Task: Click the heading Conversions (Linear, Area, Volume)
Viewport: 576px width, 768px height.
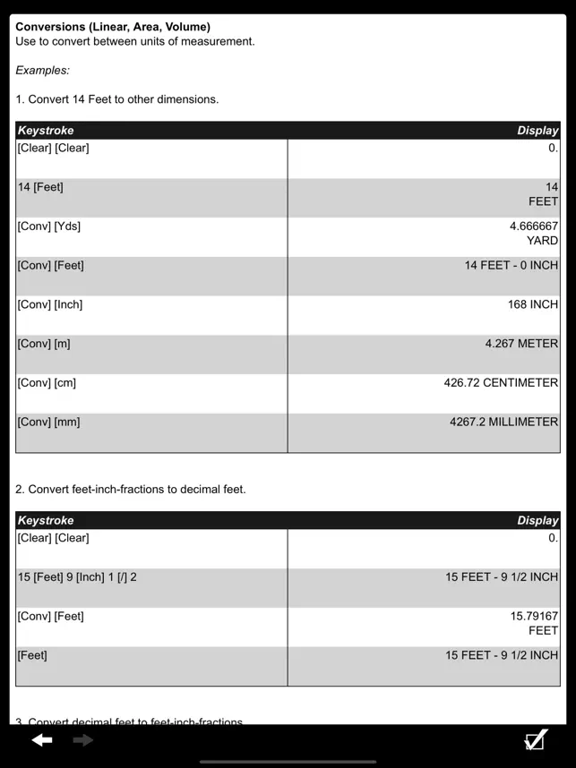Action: coord(113,27)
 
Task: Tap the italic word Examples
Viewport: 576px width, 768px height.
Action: coord(42,70)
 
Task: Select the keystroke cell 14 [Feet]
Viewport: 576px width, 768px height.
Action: coord(40,187)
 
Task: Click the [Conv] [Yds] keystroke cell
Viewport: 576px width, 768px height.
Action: coord(49,226)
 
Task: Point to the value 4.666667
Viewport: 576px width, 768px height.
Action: coord(533,226)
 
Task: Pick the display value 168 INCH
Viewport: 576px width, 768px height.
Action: coord(532,304)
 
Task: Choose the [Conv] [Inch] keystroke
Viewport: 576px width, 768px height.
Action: coord(50,304)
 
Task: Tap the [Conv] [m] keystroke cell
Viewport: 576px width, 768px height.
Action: coord(44,344)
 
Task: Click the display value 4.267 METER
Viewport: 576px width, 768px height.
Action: coord(521,344)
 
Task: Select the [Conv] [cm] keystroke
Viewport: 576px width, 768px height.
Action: coord(47,383)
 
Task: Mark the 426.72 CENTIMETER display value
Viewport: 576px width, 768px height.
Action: coord(501,383)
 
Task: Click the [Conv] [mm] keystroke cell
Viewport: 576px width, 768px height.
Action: coord(48,422)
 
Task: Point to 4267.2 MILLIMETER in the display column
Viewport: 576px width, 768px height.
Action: coord(503,422)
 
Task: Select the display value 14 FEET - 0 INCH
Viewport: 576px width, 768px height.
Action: coord(511,266)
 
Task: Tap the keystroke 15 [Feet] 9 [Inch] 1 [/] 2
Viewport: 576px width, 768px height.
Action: coord(77,577)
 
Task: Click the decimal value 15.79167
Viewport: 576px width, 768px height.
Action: coord(534,617)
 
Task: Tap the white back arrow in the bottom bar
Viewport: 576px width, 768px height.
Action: coord(42,740)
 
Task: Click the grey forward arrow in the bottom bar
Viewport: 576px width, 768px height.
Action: coord(83,740)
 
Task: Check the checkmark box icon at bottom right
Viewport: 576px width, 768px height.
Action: coord(535,740)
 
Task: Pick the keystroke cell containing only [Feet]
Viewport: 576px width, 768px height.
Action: coord(32,655)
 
